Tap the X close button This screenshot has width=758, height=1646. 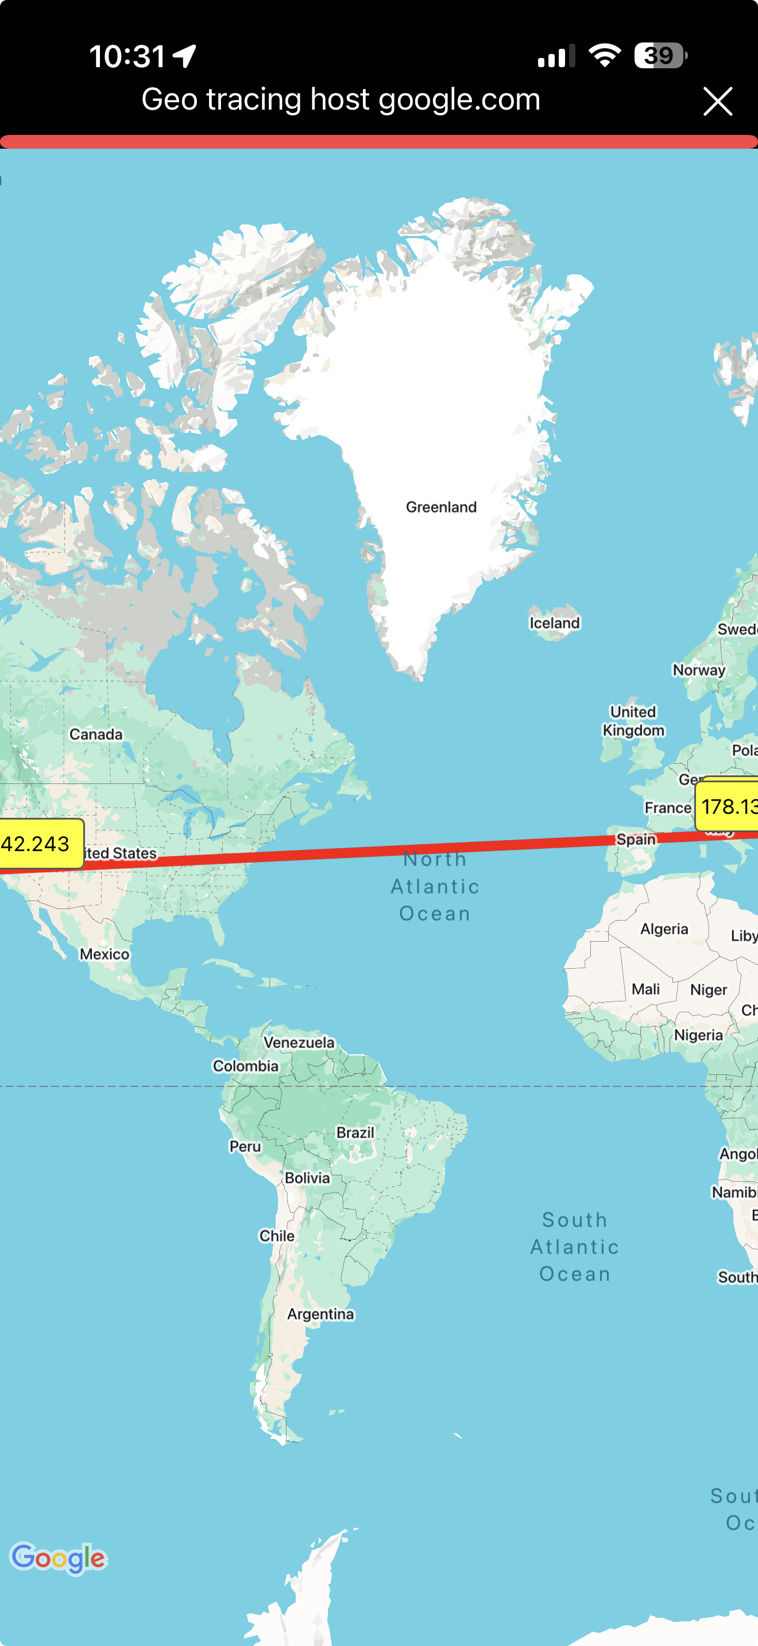717,102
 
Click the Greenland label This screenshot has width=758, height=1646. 441,507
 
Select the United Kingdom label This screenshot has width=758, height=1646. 633,721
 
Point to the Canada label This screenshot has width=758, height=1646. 96,734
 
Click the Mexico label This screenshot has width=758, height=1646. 104,954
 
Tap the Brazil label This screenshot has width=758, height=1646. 355,1132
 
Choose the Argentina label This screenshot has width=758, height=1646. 320,1314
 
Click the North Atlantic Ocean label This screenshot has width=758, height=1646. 435,886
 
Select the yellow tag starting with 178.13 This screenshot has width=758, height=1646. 728,806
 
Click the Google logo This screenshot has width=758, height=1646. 58,1558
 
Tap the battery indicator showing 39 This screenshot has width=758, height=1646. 660,56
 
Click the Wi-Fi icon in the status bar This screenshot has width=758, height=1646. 604,56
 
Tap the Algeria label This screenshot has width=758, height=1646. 664,929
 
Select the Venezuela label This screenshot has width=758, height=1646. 299,1042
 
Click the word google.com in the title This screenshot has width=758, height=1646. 459,100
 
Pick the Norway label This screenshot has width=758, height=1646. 698,670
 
